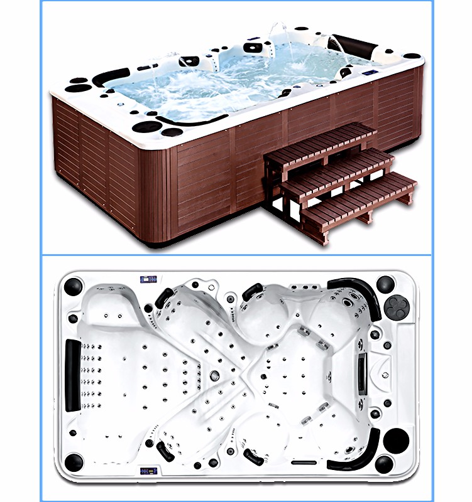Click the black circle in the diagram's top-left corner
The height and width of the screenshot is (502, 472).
74,286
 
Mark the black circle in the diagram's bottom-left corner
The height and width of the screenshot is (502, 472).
74,462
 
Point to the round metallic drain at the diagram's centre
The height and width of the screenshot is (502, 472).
214,375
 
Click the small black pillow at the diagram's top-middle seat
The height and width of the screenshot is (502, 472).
253,291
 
